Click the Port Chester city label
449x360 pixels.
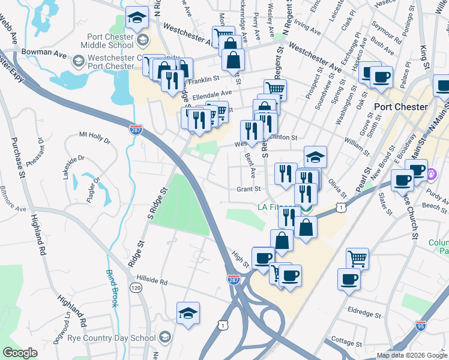(400, 107)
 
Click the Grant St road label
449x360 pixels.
(248, 188)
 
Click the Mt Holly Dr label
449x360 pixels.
(95, 138)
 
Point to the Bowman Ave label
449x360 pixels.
(43, 52)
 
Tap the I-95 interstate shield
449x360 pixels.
(421, 325)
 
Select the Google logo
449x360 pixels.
(20, 353)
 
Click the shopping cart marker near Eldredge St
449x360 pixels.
(357, 259)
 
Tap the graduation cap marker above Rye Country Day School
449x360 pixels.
(188, 313)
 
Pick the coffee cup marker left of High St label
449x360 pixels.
(262, 258)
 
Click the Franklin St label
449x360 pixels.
(204, 79)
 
